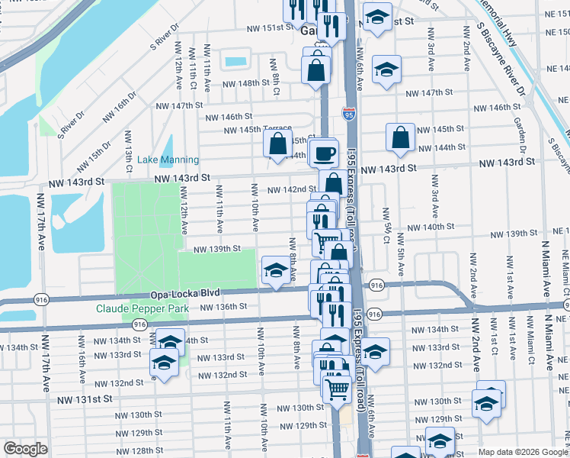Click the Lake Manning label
tap(168, 160)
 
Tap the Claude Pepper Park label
tap(142, 309)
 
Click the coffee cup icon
tap(325, 152)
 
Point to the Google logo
tap(24, 449)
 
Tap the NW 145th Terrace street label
tap(258, 130)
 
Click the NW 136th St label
tap(223, 306)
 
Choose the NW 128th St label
tap(141, 450)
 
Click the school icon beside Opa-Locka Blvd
tap(275, 269)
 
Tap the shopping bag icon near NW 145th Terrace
tap(279, 141)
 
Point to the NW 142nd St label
tap(292, 189)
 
